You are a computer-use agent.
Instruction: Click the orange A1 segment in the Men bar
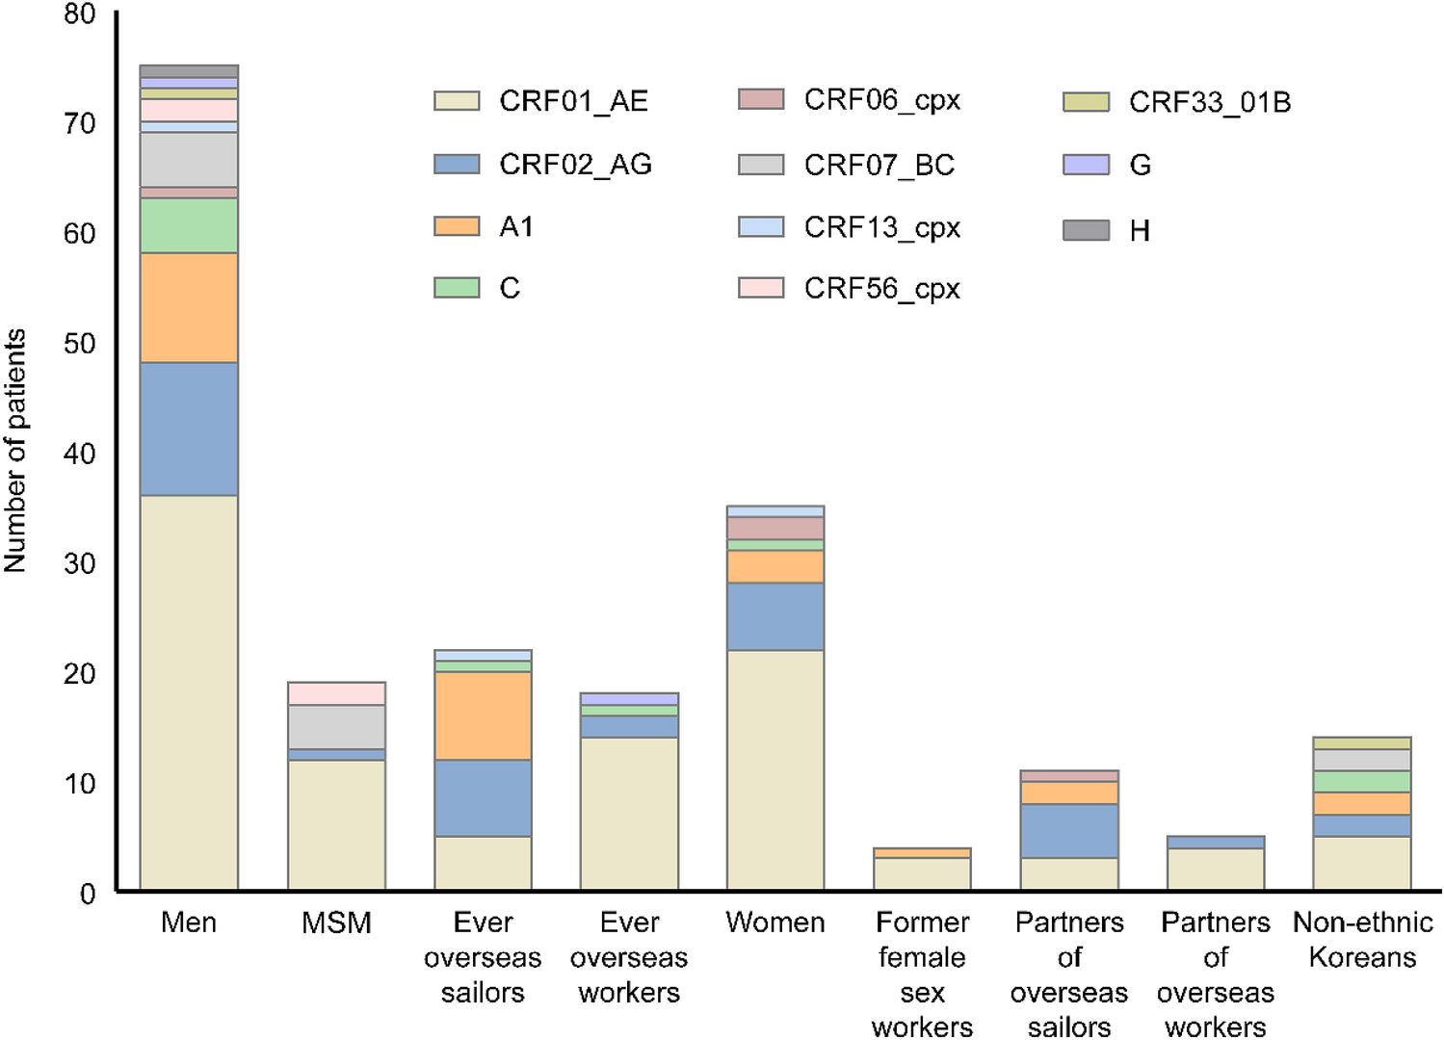[189, 307]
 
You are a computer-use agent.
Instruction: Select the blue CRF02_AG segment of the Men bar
[189, 429]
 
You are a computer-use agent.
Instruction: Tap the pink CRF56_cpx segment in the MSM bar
[336, 693]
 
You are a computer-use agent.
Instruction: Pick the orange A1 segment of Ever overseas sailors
[483, 715]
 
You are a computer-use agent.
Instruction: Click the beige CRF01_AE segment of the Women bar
[775, 769]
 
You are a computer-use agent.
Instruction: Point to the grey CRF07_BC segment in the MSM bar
[336, 727]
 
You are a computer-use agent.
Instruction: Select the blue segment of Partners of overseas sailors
[1069, 830]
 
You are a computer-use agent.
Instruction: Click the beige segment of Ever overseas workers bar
[629, 813]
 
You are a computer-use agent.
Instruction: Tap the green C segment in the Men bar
[189, 225]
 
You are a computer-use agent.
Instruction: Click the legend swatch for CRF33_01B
[1086, 102]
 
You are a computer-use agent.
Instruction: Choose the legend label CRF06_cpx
[881, 100]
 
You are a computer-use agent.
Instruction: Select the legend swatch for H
[1086, 230]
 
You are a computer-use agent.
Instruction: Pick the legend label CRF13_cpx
[881, 228]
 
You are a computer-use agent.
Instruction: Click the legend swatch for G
[1086, 166]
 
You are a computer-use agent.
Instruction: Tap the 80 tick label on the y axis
[79, 14]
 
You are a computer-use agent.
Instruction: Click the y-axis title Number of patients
[15, 451]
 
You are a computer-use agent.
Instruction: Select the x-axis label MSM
[336, 923]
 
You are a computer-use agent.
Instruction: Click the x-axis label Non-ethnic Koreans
[1362, 940]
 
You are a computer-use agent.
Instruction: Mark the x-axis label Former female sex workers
[922, 975]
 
